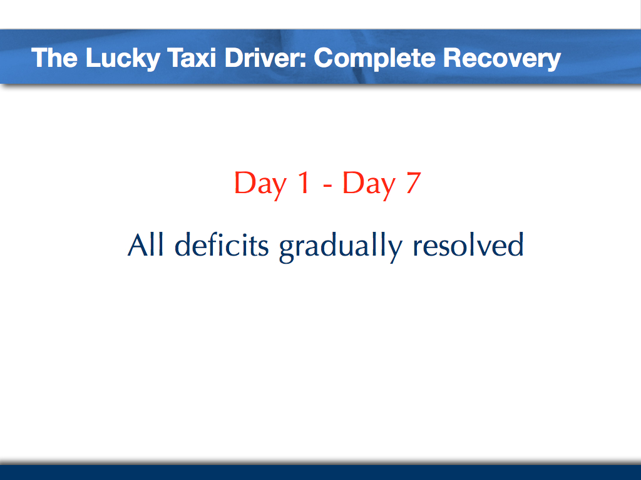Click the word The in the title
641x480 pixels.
point(54,58)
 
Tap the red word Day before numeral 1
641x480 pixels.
point(260,184)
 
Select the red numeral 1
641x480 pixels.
point(302,184)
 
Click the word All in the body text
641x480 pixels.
point(145,245)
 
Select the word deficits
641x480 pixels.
point(222,245)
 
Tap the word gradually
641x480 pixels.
point(340,246)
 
